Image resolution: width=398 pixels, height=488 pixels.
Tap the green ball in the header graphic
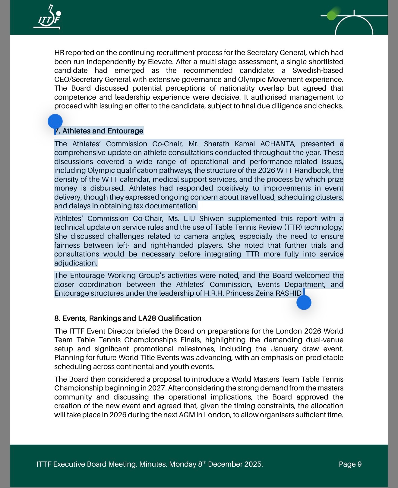pyautogui.click(x=331, y=15)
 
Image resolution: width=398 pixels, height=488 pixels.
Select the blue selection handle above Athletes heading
pyautogui.click(x=55, y=121)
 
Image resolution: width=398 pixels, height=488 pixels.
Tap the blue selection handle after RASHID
pyautogui.click(x=304, y=302)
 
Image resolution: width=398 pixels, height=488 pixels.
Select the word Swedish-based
pyautogui.click(x=318, y=70)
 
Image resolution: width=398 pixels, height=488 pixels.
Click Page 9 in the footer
pyautogui.click(x=350, y=464)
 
